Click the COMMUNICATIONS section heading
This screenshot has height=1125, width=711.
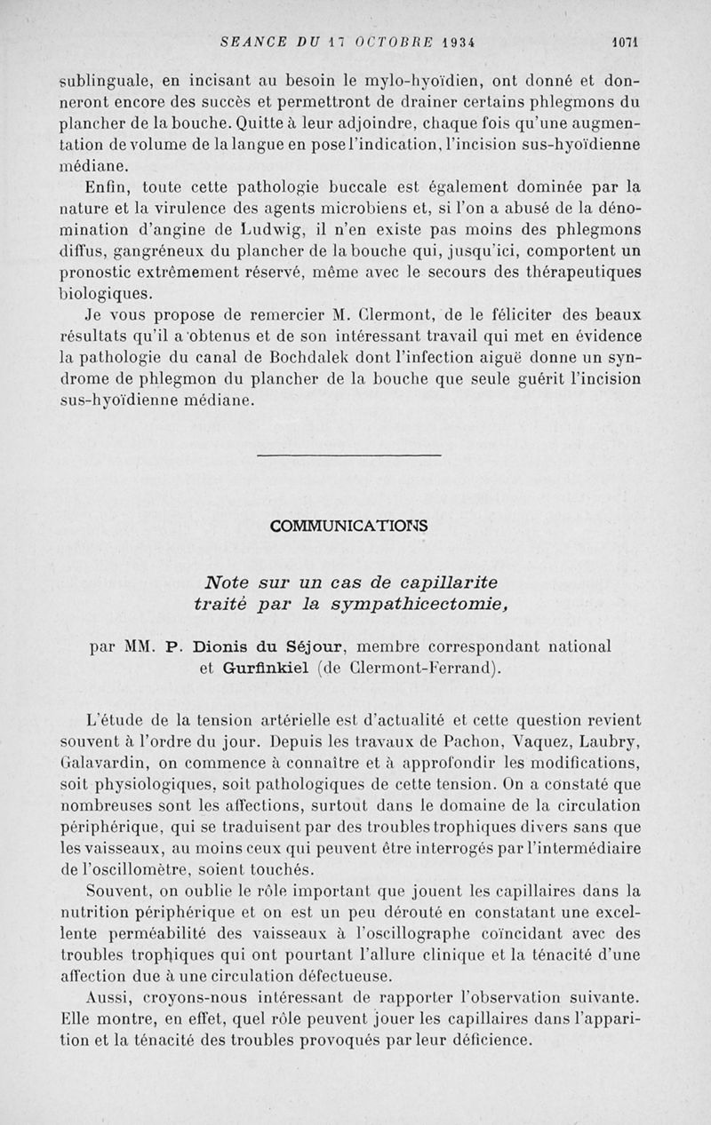coord(348,526)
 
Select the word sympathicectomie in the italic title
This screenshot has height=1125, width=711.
coord(403,605)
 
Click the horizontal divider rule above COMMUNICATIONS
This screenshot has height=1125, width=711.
coord(348,456)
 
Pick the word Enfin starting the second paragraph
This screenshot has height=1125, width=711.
coord(108,188)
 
